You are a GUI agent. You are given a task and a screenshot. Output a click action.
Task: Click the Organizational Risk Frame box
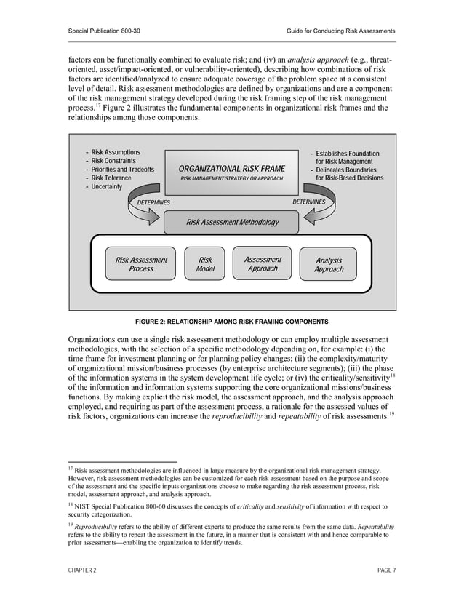coord(232,172)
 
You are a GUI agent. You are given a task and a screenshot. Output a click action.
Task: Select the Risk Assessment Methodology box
coord(232,222)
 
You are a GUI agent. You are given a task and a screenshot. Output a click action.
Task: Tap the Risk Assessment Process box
coord(141,264)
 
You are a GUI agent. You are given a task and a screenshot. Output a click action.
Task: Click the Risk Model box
coord(205,264)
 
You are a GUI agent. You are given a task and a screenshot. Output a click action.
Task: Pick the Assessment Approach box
coord(263,264)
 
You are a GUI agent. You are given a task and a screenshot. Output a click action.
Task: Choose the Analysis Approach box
coord(329,265)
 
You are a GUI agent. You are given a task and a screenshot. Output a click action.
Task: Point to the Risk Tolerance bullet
coord(111,178)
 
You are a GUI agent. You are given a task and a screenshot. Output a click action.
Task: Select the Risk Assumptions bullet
coord(115,152)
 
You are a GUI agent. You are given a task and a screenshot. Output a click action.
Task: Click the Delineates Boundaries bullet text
coord(348,170)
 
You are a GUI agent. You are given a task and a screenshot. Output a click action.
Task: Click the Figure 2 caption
coord(232,321)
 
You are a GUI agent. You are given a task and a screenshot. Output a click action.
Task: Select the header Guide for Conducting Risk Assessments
coord(341,31)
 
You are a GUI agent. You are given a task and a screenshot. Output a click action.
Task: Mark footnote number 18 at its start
coord(71,503)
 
